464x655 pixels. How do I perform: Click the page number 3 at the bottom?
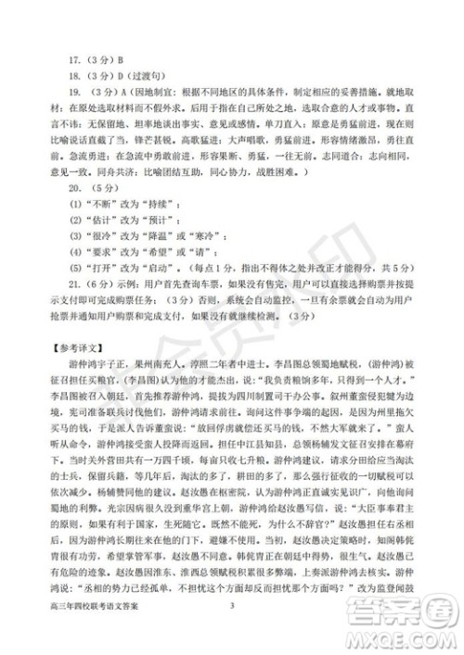[233, 630]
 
